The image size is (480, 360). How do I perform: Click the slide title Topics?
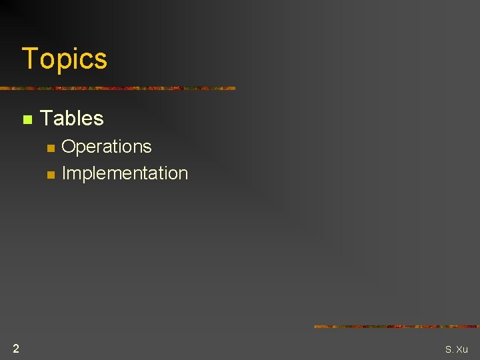tap(64, 59)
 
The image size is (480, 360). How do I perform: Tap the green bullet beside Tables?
tap(27, 120)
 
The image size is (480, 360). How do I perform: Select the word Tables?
tap(72, 119)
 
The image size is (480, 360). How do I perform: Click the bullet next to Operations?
tap(49, 148)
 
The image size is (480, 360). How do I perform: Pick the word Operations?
tap(107, 147)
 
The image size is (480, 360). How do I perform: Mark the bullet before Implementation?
tap(49, 175)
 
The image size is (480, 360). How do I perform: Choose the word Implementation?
tap(125, 173)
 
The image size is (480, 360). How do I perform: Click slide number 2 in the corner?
tap(15, 348)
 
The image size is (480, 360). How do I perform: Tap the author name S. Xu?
tap(457, 349)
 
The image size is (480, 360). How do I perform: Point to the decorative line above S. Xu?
tap(396, 327)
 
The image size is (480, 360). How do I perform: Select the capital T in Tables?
tap(46, 119)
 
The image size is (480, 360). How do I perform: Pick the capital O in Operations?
tap(68, 147)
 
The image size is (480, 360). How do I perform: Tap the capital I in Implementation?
tap(64, 173)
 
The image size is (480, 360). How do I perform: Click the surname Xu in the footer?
tap(461, 349)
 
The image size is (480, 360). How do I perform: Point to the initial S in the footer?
tap(448, 349)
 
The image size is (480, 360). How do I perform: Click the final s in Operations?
tap(147, 148)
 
